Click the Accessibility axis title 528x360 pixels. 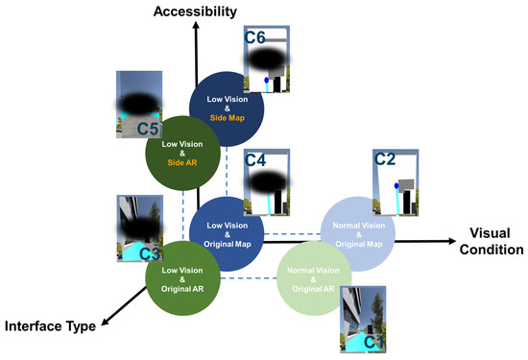tap(195, 11)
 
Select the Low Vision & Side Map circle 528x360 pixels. tap(227, 110)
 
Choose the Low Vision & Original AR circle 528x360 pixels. tap(182, 273)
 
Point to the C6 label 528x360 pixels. tap(255, 39)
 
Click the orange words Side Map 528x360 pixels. tap(227, 118)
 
